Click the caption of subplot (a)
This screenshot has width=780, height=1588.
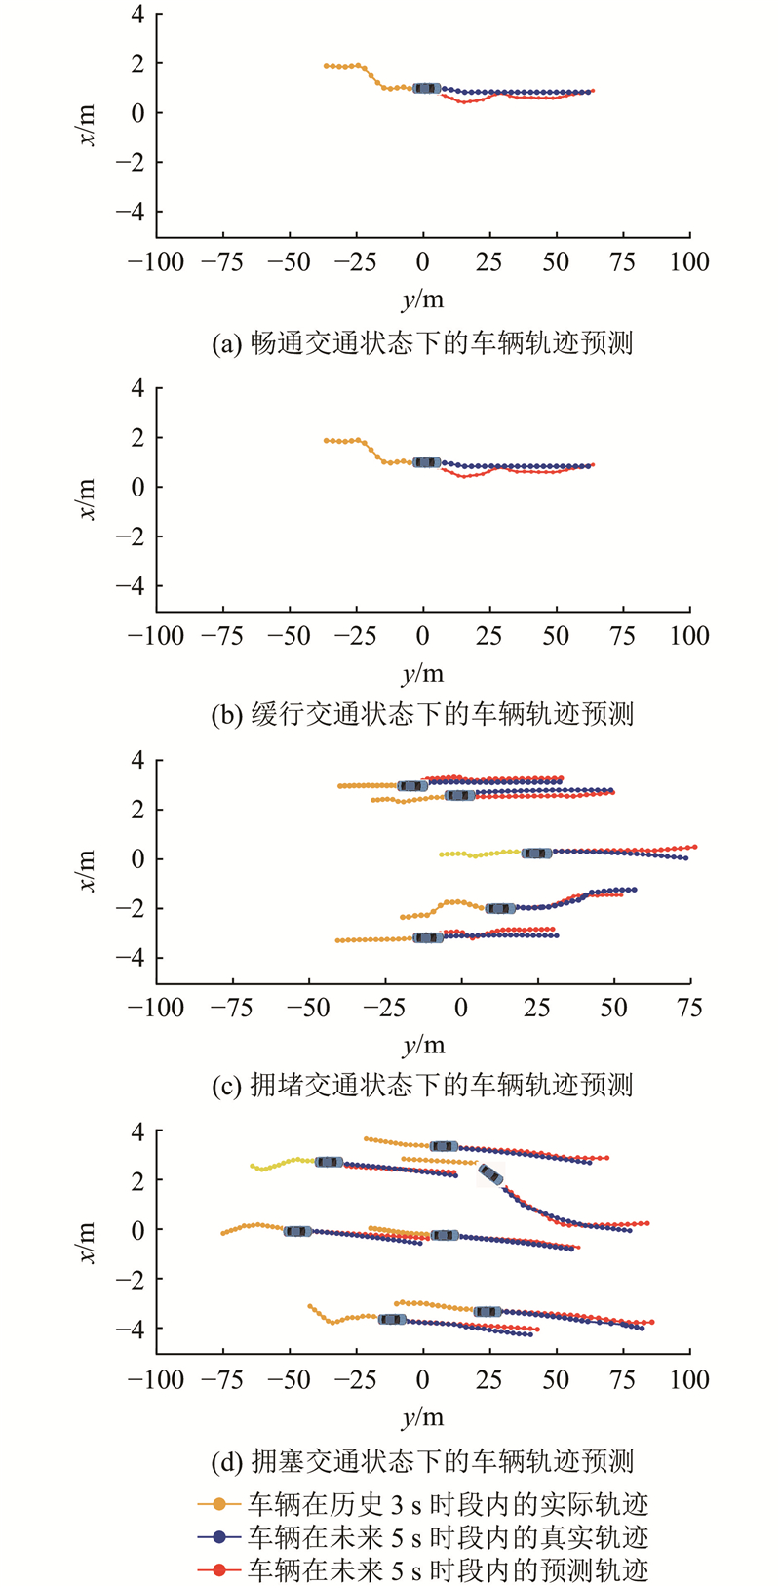pyautogui.click(x=422, y=343)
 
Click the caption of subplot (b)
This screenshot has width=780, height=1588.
pyautogui.click(x=422, y=715)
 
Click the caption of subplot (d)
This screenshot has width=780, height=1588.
pyautogui.click(x=422, y=1461)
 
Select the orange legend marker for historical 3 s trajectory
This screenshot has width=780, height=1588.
pyautogui.click(x=219, y=1504)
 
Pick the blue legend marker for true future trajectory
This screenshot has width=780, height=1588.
pyautogui.click(x=219, y=1537)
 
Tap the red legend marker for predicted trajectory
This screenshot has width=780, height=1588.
pyautogui.click(x=219, y=1569)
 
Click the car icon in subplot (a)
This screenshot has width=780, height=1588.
pyautogui.click(x=426, y=88)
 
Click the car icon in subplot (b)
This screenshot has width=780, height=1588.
pyautogui.click(x=426, y=462)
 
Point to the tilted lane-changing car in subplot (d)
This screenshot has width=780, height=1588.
pyautogui.click(x=490, y=1174)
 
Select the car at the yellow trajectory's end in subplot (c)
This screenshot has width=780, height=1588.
pyautogui.click(x=536, y=854)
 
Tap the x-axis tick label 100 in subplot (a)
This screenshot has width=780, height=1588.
pyautogui.click(x=689, y=261)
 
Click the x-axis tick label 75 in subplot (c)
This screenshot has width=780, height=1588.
pyautogui.click(x=689, y=1008)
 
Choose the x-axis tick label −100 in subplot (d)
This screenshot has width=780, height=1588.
pyautogui.click(x=156, y=1379)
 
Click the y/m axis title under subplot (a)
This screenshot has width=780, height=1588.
pyautogui.click(x=422, y=299)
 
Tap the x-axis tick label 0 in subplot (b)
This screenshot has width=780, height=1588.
pyautogui.click(x=422, y=636)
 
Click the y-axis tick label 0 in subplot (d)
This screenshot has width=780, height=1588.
pyautogui.click(x=137, y=1230)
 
